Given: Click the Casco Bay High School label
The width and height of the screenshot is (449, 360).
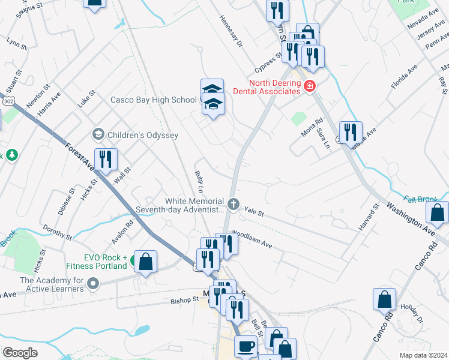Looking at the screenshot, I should (154, 100).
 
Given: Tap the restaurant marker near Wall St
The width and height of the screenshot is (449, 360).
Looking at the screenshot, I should (106, 160).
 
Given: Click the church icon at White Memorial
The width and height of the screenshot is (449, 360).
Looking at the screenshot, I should (234, 205).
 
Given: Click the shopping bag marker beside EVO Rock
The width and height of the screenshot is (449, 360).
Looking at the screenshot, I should (145, 262).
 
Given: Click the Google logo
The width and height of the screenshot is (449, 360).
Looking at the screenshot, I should (20, 353).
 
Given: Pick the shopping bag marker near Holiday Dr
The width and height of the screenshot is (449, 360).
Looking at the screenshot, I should (384, 299).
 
